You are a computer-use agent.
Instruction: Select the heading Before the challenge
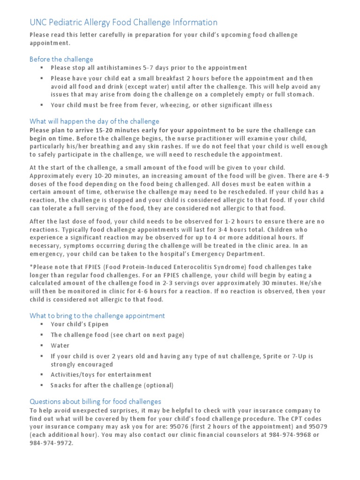click(x=61, y=59)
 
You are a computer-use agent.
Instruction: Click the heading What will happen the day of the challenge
click(x=94, y=121)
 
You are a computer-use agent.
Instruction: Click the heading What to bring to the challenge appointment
click(x=97, y=315)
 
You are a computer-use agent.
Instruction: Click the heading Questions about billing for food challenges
click(x=95, y=401)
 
